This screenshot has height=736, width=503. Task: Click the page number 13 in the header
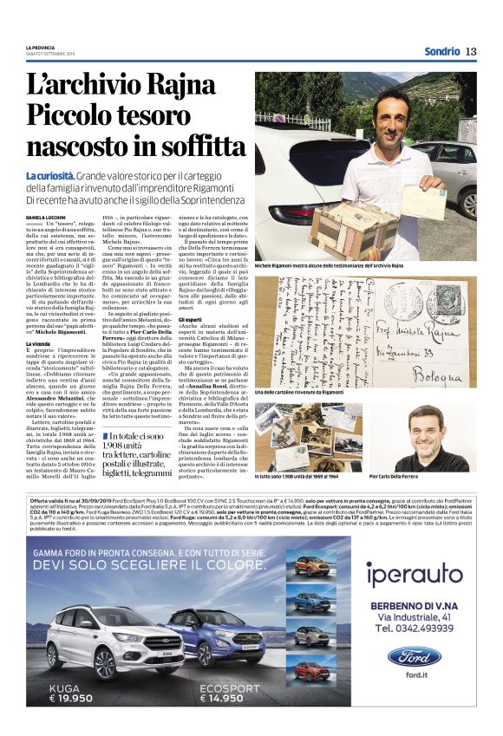(471, 51)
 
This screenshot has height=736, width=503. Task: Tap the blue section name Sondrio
(441, 51)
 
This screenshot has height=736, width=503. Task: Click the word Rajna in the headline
(179, 85)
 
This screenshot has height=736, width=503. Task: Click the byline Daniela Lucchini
(45, 215)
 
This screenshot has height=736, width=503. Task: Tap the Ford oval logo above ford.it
(414, 656)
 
